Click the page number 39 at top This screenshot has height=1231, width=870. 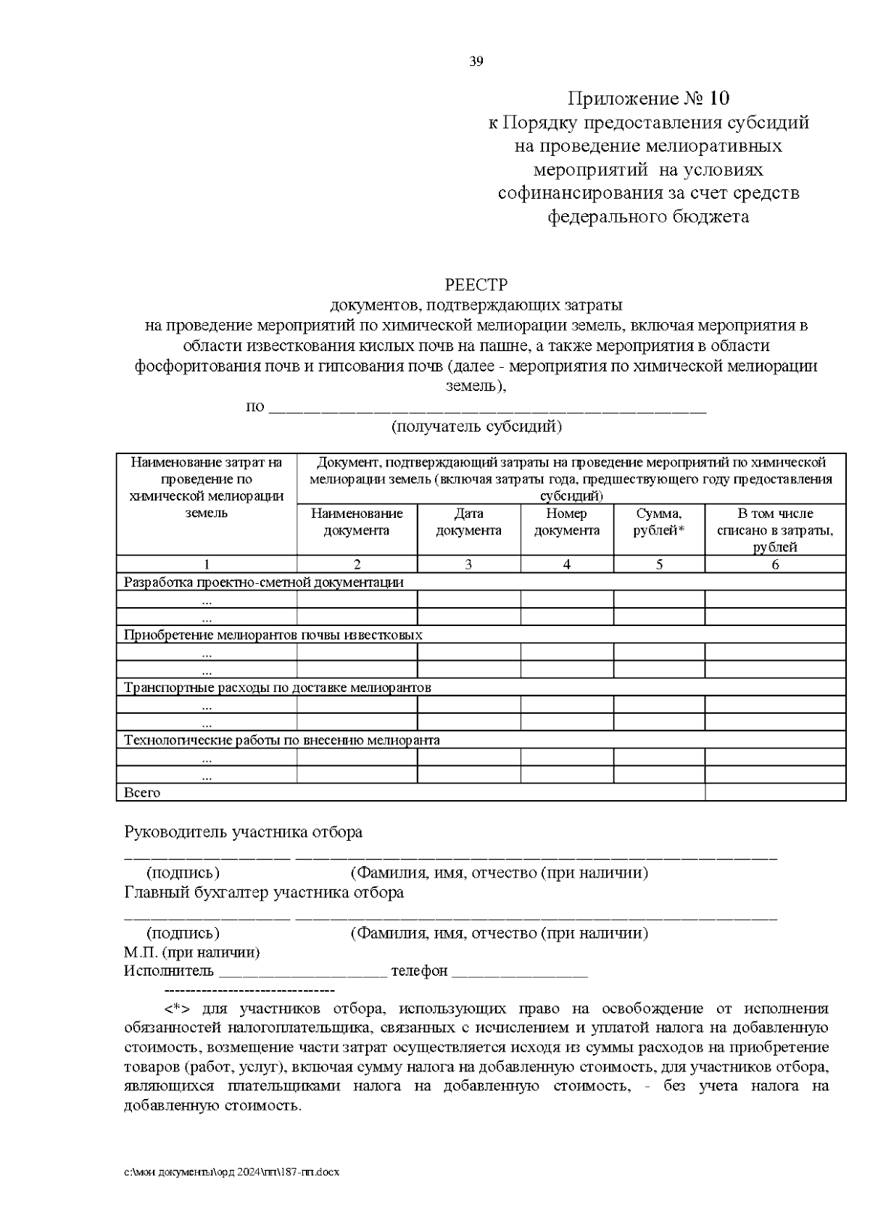(476, 62)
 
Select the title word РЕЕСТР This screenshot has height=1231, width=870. (476, 284)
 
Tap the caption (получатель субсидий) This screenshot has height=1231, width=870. (476, 427)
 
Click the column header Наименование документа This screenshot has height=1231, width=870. (357, 522)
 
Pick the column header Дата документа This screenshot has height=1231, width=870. (468, 522)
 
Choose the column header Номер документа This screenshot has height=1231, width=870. (566, 522)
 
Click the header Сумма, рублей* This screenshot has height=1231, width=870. (658, 522)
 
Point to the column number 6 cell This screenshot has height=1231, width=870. (774, 564)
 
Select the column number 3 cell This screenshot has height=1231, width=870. (468, 564)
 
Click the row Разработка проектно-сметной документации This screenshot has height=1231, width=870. (264, 582)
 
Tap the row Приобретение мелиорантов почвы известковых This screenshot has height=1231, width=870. (273, 635)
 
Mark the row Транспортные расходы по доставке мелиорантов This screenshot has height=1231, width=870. (278, 687)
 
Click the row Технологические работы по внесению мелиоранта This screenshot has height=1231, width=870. (282, 740)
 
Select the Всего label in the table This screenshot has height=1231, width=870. (142, 793)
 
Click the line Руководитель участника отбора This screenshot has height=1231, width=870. (243, 832)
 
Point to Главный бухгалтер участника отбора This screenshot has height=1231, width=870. (264, 892)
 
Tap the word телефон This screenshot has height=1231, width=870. (419, 971)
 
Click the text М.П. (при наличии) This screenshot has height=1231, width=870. (191, 952)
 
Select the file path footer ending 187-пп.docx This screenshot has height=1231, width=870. (232, 1172)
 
